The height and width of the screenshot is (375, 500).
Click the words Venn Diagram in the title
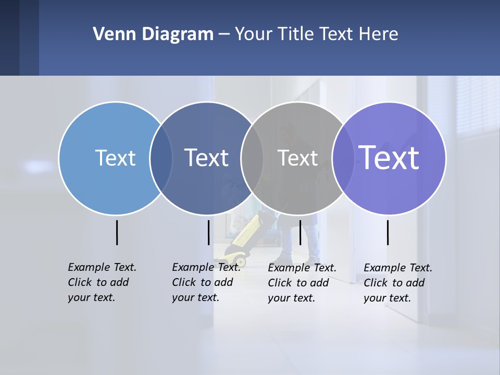[x=153, y=34]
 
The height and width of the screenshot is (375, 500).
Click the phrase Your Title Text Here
[x=316, y=34]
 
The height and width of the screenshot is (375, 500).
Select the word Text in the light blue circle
[x=115, y=158]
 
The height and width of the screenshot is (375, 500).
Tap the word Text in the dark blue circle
[x=207, y=158]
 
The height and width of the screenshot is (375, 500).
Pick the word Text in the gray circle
[x=297, y=158]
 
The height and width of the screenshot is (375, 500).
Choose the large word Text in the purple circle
[x=389, y=158]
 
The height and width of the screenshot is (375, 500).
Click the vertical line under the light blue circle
[x=117, y=232]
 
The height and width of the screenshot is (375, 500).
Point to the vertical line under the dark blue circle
[x=208, y=232]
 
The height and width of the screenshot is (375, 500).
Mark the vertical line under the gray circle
[x=300, y=232]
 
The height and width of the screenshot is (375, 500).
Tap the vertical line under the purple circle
[x=388, y=232]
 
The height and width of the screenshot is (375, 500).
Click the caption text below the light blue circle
[x=102, y=282]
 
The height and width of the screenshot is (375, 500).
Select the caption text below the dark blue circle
[x=206, y=282]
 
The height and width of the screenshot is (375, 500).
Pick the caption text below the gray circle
[x=302, y=283]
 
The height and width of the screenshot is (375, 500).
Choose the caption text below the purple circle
[x=398, y=283]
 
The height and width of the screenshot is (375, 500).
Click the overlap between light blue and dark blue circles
[x=161, y=158]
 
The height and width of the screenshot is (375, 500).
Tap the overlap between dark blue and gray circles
[x=252, y=158]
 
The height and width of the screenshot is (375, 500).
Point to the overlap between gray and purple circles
[x=343, y=158]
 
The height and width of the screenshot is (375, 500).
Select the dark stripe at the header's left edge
[x=9, y=37]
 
